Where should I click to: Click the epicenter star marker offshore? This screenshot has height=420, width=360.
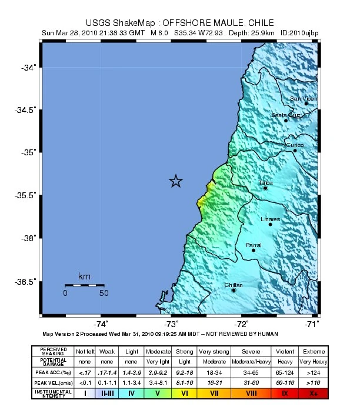[x=175, y=181]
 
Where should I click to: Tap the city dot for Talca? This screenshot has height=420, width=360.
[x=265, y=188]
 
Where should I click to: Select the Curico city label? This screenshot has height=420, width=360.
[x=295, y=145]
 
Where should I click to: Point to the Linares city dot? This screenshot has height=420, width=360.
[x=271, y=224]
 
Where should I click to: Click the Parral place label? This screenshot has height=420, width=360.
[x=254, y=245]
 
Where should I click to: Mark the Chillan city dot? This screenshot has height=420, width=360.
[x=234, y=290]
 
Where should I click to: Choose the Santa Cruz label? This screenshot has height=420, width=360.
[x=286, y=115]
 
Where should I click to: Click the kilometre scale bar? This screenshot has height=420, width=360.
[x=84, y=285]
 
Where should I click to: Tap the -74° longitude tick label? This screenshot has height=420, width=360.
[x=101, y=324]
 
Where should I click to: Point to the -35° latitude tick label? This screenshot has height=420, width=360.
[x=28, y=152]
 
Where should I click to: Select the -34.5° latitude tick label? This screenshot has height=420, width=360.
[x=25, y=110]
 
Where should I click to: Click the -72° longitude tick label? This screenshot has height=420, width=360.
[x=242, y=324]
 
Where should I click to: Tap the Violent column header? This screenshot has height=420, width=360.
[x=285, y=351]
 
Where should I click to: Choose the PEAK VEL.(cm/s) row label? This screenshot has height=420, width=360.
[x=53, y=383]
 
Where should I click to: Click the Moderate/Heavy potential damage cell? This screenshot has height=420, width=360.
[x=251, y=362]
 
